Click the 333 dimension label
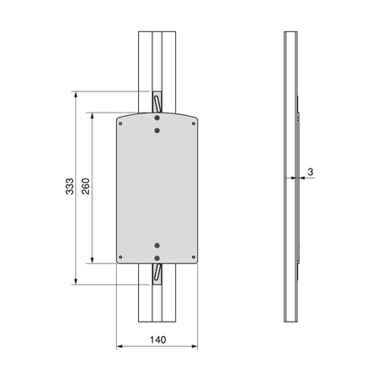69,186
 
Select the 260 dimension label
86,186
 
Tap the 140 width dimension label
158,340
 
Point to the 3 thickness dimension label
311,172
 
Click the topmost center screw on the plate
157,118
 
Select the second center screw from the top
157,130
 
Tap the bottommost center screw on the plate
157,258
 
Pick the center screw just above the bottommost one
157,246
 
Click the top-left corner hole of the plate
120,124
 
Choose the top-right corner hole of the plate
194,124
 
